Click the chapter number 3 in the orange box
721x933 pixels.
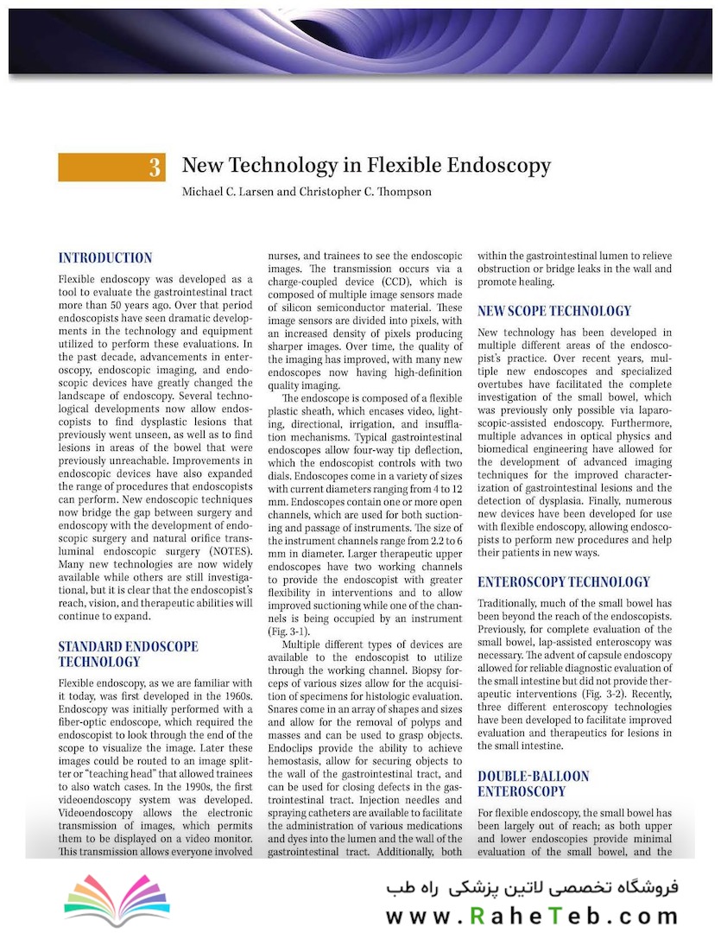(x=155, y=167)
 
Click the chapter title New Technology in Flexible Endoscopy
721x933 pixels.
(x=366, y=165)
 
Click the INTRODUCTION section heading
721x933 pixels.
(x=105, y=257)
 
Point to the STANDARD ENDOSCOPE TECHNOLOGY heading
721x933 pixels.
(x=128, y=654)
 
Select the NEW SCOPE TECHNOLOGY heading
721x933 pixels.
(x=554, y=311)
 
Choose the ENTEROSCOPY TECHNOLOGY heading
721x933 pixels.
(x=564, y=581)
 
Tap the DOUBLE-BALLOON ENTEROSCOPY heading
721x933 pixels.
(x=534, y=784)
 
